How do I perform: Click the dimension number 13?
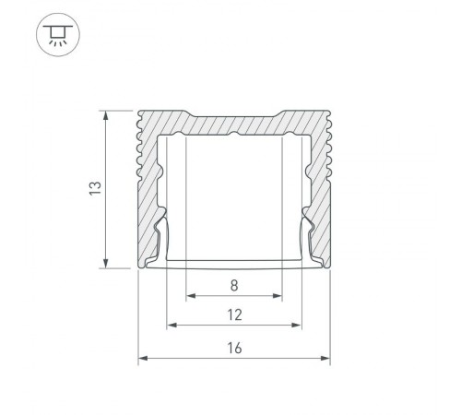95,188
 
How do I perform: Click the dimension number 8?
234,286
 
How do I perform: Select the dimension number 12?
234,315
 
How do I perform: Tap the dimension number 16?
234,349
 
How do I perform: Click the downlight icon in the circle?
58,34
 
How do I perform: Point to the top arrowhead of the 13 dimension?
106,115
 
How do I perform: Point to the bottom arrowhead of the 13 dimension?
106,263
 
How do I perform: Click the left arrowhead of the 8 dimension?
191,296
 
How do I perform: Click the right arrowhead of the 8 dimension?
278,296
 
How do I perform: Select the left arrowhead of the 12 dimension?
171,325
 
